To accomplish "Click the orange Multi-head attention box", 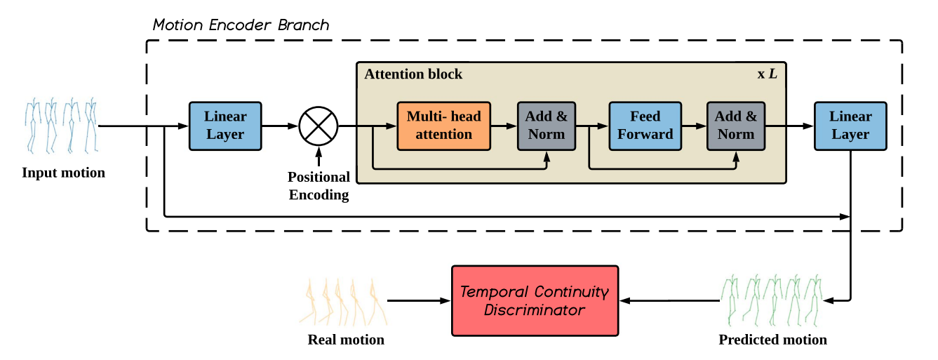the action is pyautogui.click(x=444, y=126).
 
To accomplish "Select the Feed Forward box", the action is pyautogui.click(x=645, y=126).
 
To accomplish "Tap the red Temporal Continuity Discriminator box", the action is pyautogui.click(x=535, y=300).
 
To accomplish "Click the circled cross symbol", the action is pyautogui.click(x=319, y=126).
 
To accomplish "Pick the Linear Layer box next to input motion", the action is pyautogui.click(x=225, y=126).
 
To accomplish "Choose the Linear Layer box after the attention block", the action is pyautogui.click(x=850, y=126).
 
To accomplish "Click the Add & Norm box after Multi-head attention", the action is pyautogui.click(x=547, y=126).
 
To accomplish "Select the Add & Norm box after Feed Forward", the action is pyautogui.click(x=736, y=126).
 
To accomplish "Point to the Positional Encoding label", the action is pyautogui.click(x=319, y=186).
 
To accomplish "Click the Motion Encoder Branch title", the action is pyautogui.click(x=241, y=25).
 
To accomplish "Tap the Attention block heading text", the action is pyautogui.click(x=413, y=74).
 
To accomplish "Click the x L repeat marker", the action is pyautogui.click(x=767, y=74).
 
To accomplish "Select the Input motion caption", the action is pyautogui.click(x=64, y=173).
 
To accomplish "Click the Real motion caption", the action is pyautogui.click(x=346, y=340).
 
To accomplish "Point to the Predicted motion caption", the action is pyautogui.click(x=773, y=340).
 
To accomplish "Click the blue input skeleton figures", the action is pyautogui.click(x=61, y=126).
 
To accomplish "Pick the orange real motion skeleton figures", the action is pyautogui.click(x=343, y=302).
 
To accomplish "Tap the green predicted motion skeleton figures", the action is pyautogui.click(x=771, y=300).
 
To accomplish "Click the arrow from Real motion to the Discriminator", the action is pyautogui.click(x=419, y=300).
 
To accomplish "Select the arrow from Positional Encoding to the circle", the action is pyautogui.click(x=319, y=156).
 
